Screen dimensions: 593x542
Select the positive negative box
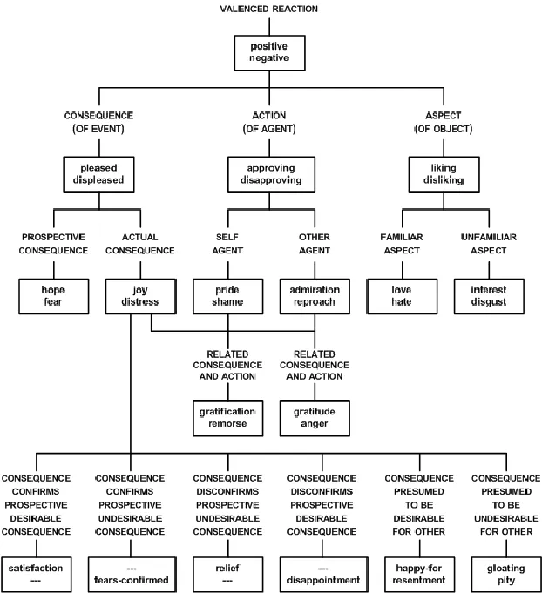(x=271, y=52)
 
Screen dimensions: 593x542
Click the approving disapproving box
(x=271, y=174)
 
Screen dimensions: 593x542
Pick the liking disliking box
(x=444, y=174)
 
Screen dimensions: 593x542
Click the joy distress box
(x=131, y=295)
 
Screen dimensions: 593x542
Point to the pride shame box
(x=227, y=295)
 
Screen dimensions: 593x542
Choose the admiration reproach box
(x=315, y=295)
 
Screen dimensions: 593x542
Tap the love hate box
(x=401, y=295)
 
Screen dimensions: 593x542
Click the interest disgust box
(x=487, y=295)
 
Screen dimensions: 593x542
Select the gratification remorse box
(x=227, y=416)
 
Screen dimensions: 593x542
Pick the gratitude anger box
(x=315, y=416)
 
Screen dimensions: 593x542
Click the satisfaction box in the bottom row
(x=36, y=573)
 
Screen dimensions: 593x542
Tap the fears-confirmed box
(x=131, y=573)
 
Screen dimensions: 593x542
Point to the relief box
(x=227, y=573)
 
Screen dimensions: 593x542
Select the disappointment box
(x=323, y=573)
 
